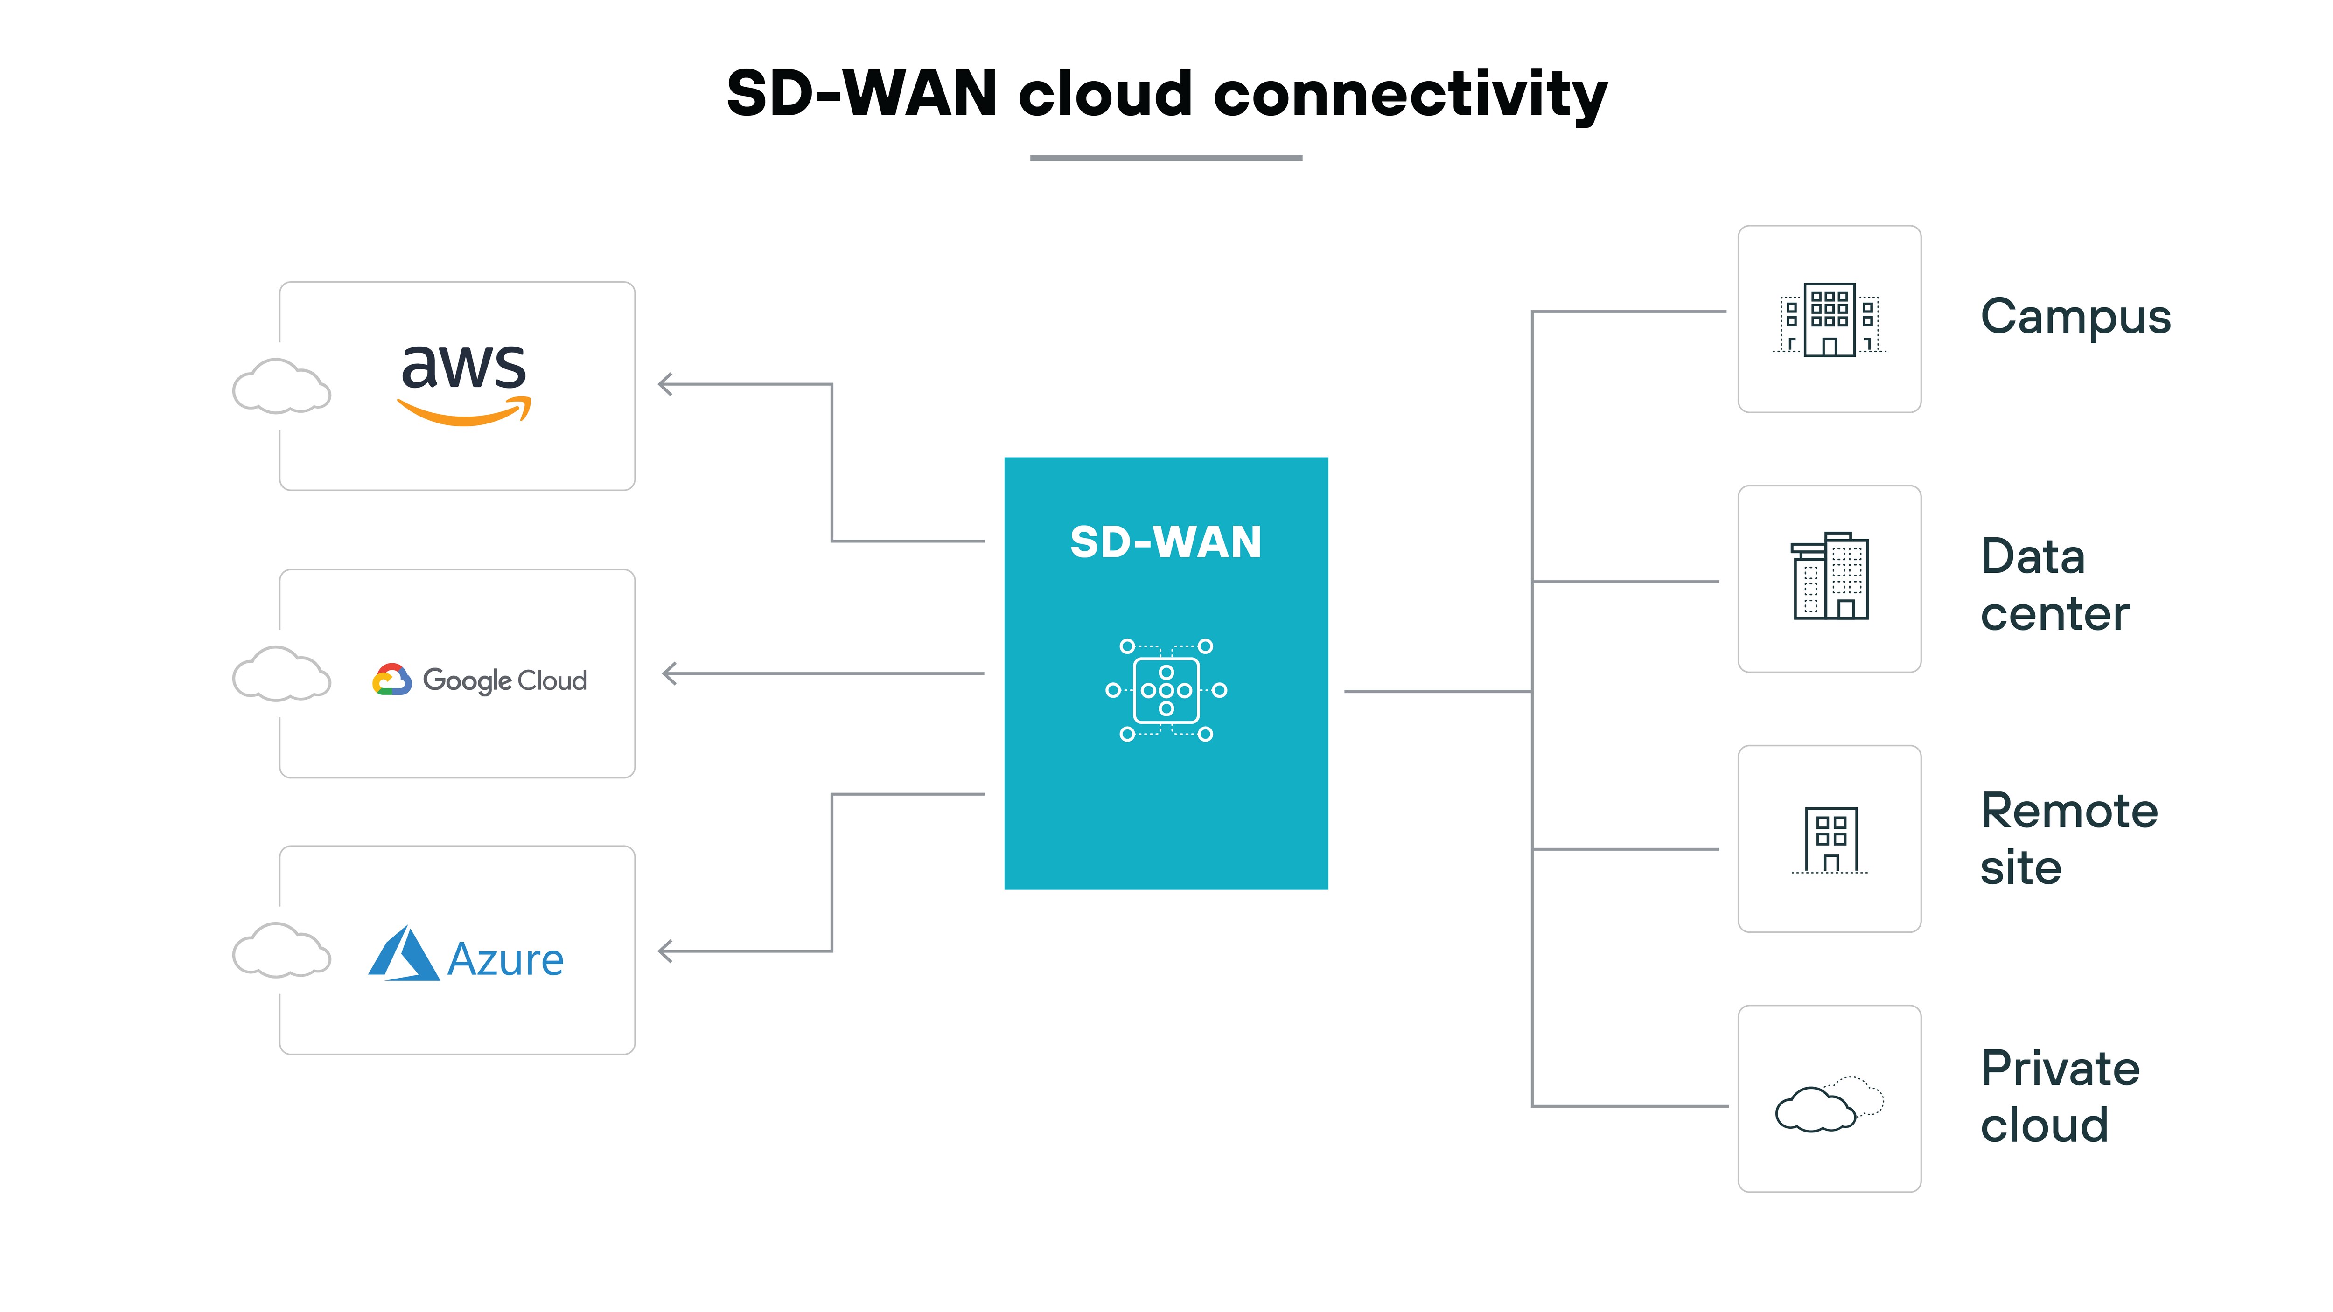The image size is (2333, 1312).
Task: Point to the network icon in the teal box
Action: pos(1166,690)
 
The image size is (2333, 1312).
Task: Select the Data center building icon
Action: pos(1830,577)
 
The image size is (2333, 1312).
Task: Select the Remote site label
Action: pos(2068,839)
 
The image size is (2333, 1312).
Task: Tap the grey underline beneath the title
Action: pos(1166,159)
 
